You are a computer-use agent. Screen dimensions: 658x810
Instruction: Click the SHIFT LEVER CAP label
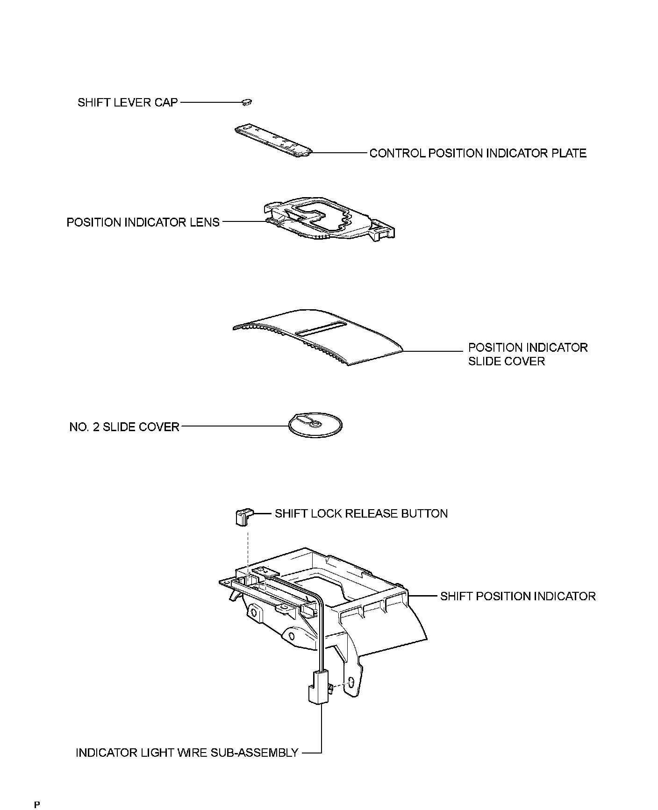tap(128, 102)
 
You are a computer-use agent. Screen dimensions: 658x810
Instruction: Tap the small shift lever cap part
tap(246, 101)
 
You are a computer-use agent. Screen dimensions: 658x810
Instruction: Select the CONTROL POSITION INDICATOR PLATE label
tap(478, 153)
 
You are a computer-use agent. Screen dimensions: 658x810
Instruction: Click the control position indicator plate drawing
tap(272, 141)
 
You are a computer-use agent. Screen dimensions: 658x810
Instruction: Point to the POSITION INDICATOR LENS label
tap(143, 222)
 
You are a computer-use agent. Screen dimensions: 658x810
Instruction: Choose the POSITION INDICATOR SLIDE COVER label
tap(527, 354)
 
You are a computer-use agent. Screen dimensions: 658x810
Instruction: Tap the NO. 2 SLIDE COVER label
tap(124, 427)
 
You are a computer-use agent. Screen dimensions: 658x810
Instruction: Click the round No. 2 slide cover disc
tap(315, 426)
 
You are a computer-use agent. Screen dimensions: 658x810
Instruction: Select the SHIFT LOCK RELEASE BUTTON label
tap(361, 514)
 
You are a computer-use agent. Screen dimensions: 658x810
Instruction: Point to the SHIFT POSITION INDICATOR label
tap(518, 596)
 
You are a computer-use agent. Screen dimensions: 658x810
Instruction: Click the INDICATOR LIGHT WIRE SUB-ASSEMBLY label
tap(187, 753)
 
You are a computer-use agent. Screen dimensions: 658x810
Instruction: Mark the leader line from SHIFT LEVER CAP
tap(210, 102)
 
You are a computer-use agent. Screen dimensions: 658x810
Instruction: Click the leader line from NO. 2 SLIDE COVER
tap(234, 426)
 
